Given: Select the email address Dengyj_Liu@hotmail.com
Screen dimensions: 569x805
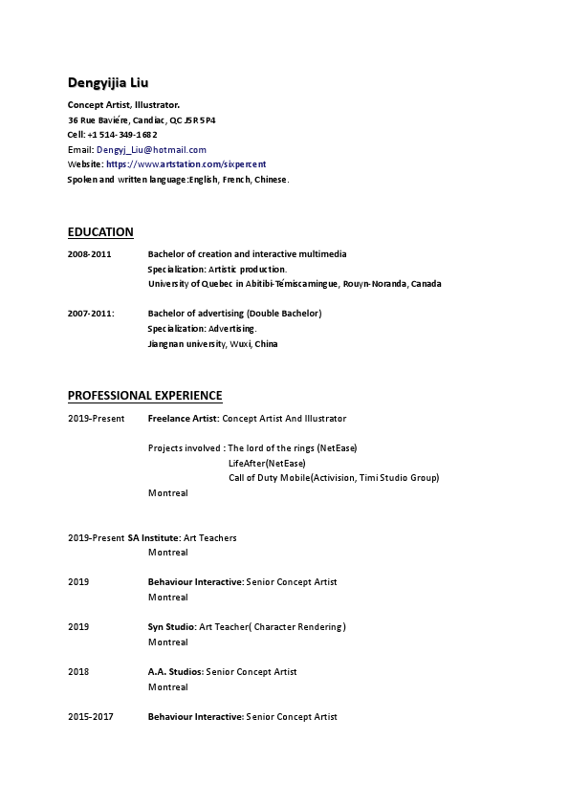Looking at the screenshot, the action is [x=151, y=150].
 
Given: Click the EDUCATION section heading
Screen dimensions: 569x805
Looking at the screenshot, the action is [x=100, y=232].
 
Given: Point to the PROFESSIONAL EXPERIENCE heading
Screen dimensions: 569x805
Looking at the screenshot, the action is [x=144, y=396].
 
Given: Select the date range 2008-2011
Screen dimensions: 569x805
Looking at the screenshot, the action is [x=89, y=254].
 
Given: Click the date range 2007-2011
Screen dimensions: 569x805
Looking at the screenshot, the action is [x=91, y=314].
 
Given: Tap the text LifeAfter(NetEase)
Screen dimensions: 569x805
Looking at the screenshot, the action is [x=260, y=464].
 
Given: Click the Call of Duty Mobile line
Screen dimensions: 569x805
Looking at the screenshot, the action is [x=334, y=478].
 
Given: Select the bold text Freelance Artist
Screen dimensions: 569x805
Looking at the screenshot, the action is [x=183, y=419].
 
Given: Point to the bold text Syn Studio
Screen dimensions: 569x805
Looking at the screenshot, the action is [x=171, y=627].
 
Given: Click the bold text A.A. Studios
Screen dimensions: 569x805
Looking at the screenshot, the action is [x=175, y=672].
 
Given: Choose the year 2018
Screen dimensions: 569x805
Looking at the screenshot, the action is [x=78, y=672].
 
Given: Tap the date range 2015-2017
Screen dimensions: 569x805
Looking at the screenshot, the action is [x=91, y=717].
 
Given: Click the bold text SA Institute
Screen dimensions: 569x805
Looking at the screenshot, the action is [x=153, y=538].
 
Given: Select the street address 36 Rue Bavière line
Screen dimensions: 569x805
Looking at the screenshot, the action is [x=142, y=120].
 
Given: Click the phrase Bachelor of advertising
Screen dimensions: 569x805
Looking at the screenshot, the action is [x=195, y=314].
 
